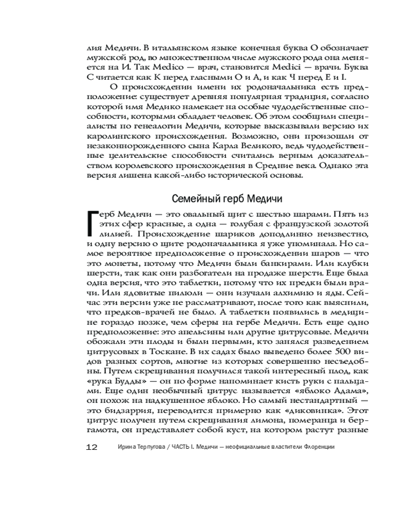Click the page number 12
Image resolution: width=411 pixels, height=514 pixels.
(91, 447)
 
